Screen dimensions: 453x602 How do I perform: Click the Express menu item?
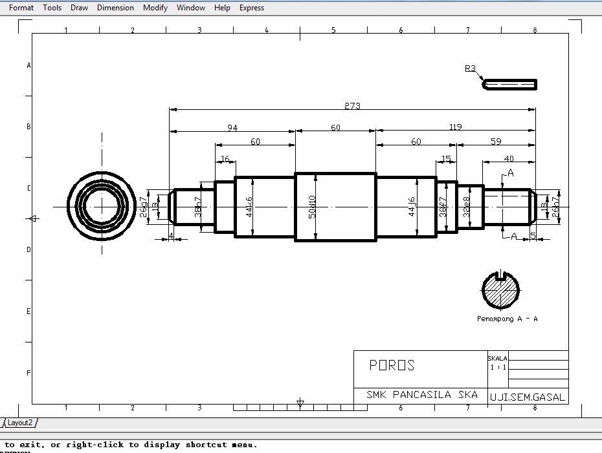(251, 8)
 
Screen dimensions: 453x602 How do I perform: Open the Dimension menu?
(115, 8)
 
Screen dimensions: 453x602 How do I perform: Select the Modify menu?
(155, 8)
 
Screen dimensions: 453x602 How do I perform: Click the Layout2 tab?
(20, 423)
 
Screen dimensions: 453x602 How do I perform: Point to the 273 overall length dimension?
(352, 106)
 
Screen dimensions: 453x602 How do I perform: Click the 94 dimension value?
(232, 128)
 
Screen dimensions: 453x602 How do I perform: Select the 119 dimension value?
(455, 127)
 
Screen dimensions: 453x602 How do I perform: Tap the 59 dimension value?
(495, 142)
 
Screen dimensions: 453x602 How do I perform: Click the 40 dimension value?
(509, 158)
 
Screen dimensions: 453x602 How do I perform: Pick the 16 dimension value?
(225, 158)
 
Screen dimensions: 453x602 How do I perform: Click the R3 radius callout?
(470, 68)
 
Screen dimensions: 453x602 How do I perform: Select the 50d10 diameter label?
(312, 207)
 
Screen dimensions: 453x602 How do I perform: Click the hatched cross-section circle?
(501, 290)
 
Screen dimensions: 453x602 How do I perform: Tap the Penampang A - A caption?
(507, 319)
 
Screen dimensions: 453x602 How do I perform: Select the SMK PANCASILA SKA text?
(421, 394)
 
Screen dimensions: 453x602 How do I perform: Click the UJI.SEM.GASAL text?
(527, 397)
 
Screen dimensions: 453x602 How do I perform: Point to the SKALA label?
(497, 358)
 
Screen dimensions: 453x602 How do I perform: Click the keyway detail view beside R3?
(510, 84)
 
